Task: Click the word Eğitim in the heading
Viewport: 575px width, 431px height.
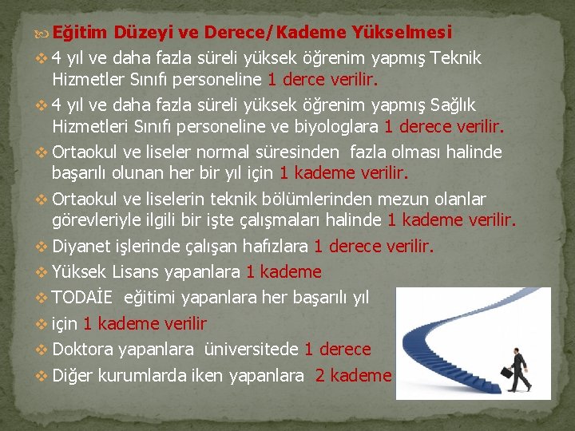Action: point(83,33)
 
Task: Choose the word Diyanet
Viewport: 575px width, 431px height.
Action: point(79,247)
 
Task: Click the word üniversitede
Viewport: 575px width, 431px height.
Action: point(252,350)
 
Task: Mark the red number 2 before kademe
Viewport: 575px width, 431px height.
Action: point(320,375)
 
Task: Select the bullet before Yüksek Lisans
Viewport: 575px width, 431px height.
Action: point(42,273)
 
